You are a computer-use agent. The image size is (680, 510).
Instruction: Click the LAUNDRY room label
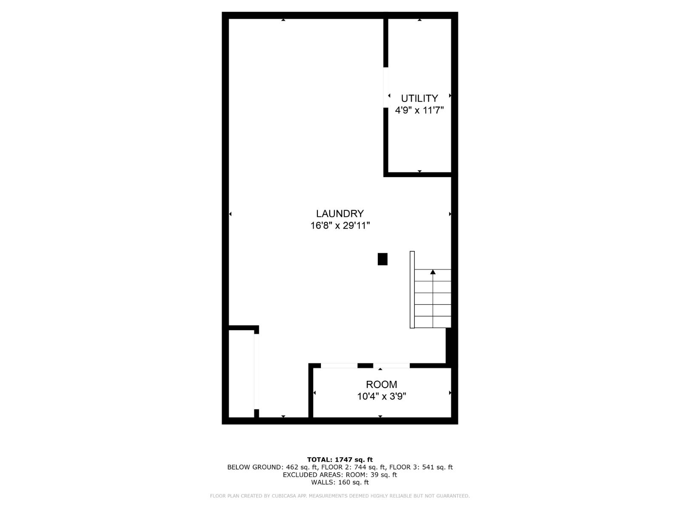tap(340, 213)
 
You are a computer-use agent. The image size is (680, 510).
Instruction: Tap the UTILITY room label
tap(419, 98)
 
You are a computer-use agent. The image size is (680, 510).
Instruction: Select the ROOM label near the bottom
tap(381, 384)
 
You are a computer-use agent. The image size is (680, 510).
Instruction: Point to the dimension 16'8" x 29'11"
tap(340, 225)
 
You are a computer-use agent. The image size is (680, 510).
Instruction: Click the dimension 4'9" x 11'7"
tap(419, 110)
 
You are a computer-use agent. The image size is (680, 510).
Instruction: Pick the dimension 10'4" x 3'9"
tap(381, 397)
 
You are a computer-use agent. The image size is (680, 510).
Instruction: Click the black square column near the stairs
tap(382, 259)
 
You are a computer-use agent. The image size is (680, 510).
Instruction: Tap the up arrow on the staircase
tap(433, 272)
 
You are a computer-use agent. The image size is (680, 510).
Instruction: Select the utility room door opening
tap(386, 87)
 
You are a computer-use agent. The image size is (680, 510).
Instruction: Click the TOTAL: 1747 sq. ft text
tap(340, 459)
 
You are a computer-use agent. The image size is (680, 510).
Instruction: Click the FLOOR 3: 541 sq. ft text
tap(421, 467)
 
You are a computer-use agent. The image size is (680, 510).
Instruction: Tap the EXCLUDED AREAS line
tap(340, 475)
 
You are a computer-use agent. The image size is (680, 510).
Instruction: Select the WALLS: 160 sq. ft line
tap(340, 482)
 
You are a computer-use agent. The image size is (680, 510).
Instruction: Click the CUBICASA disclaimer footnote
tap(340, 496)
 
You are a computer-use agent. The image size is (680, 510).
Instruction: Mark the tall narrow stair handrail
tap(412, 289)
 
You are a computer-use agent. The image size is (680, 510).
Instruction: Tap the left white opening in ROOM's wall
tap(339, 365)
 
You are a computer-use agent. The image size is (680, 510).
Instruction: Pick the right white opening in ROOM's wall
tap(391, 365)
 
